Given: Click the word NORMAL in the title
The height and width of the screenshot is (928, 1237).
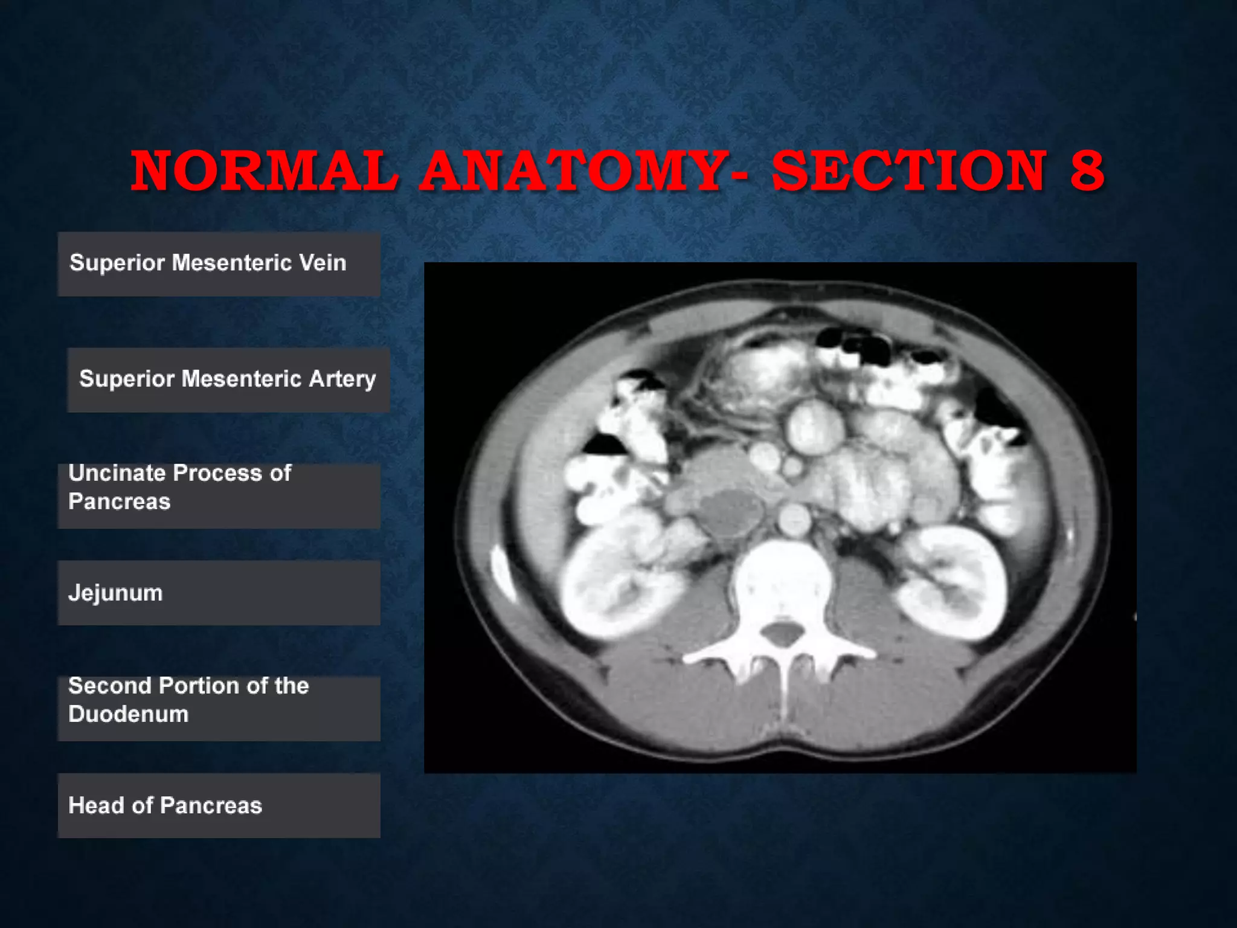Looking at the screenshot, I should click(265, 171).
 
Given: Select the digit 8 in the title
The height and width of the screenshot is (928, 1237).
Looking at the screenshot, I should click(1087, 171).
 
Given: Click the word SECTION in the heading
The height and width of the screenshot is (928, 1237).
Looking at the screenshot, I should click(909, 171).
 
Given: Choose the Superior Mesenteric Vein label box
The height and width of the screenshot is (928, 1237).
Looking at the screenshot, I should click(219, 264).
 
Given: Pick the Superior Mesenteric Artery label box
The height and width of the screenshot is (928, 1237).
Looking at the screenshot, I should click(228, 379).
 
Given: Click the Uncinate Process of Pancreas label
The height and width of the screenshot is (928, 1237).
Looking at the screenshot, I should click(219, 495).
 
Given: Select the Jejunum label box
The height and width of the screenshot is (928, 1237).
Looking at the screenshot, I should click(219, 593).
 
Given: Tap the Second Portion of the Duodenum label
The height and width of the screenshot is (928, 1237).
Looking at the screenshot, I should click(219, 708).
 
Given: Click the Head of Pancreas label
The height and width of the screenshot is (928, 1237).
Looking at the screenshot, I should click(219, 805).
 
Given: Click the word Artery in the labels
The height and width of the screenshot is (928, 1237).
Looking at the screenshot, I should click(342, 379).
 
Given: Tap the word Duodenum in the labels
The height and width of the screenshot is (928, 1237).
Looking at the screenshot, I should click(128, 714).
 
